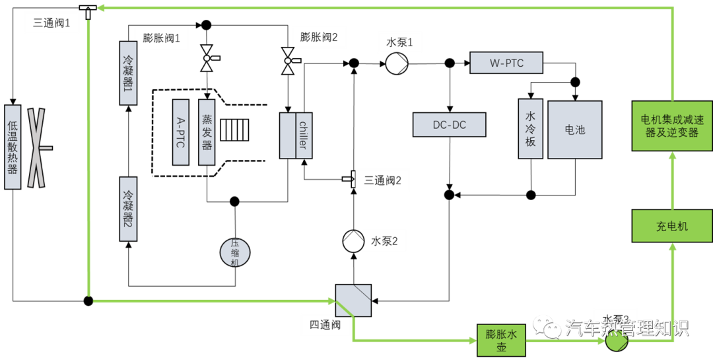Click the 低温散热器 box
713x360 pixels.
[x=13, y=147]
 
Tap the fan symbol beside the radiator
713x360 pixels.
[x=36, y=148]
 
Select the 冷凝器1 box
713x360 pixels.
[x=128, y=73]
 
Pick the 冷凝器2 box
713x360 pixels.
[x=128, y=209]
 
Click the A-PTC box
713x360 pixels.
[x=181, y=132]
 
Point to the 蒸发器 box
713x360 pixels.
[x=207, y=132]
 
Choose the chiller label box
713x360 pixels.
[x=304, y=135]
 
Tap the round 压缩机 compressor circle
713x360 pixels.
[x=235, y=252]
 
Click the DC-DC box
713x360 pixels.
[x=449, y=125]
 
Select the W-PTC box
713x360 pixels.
[x=506, y=63]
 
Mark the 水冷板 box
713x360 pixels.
[x=530, y=129]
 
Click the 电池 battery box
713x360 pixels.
[x=574, y=129]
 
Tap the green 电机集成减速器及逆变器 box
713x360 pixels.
[x=672, y=126]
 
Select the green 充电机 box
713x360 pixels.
[x=672, y=226]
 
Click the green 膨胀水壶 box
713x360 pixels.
[x=501, y=340]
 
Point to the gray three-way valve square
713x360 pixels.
[x=353, y=301]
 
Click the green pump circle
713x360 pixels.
[x=616, y=342]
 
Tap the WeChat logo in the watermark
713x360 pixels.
[x=547, y=325]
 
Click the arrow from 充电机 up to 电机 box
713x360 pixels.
[x=672, y=182]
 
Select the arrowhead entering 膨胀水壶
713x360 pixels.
[x=471, y=341]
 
